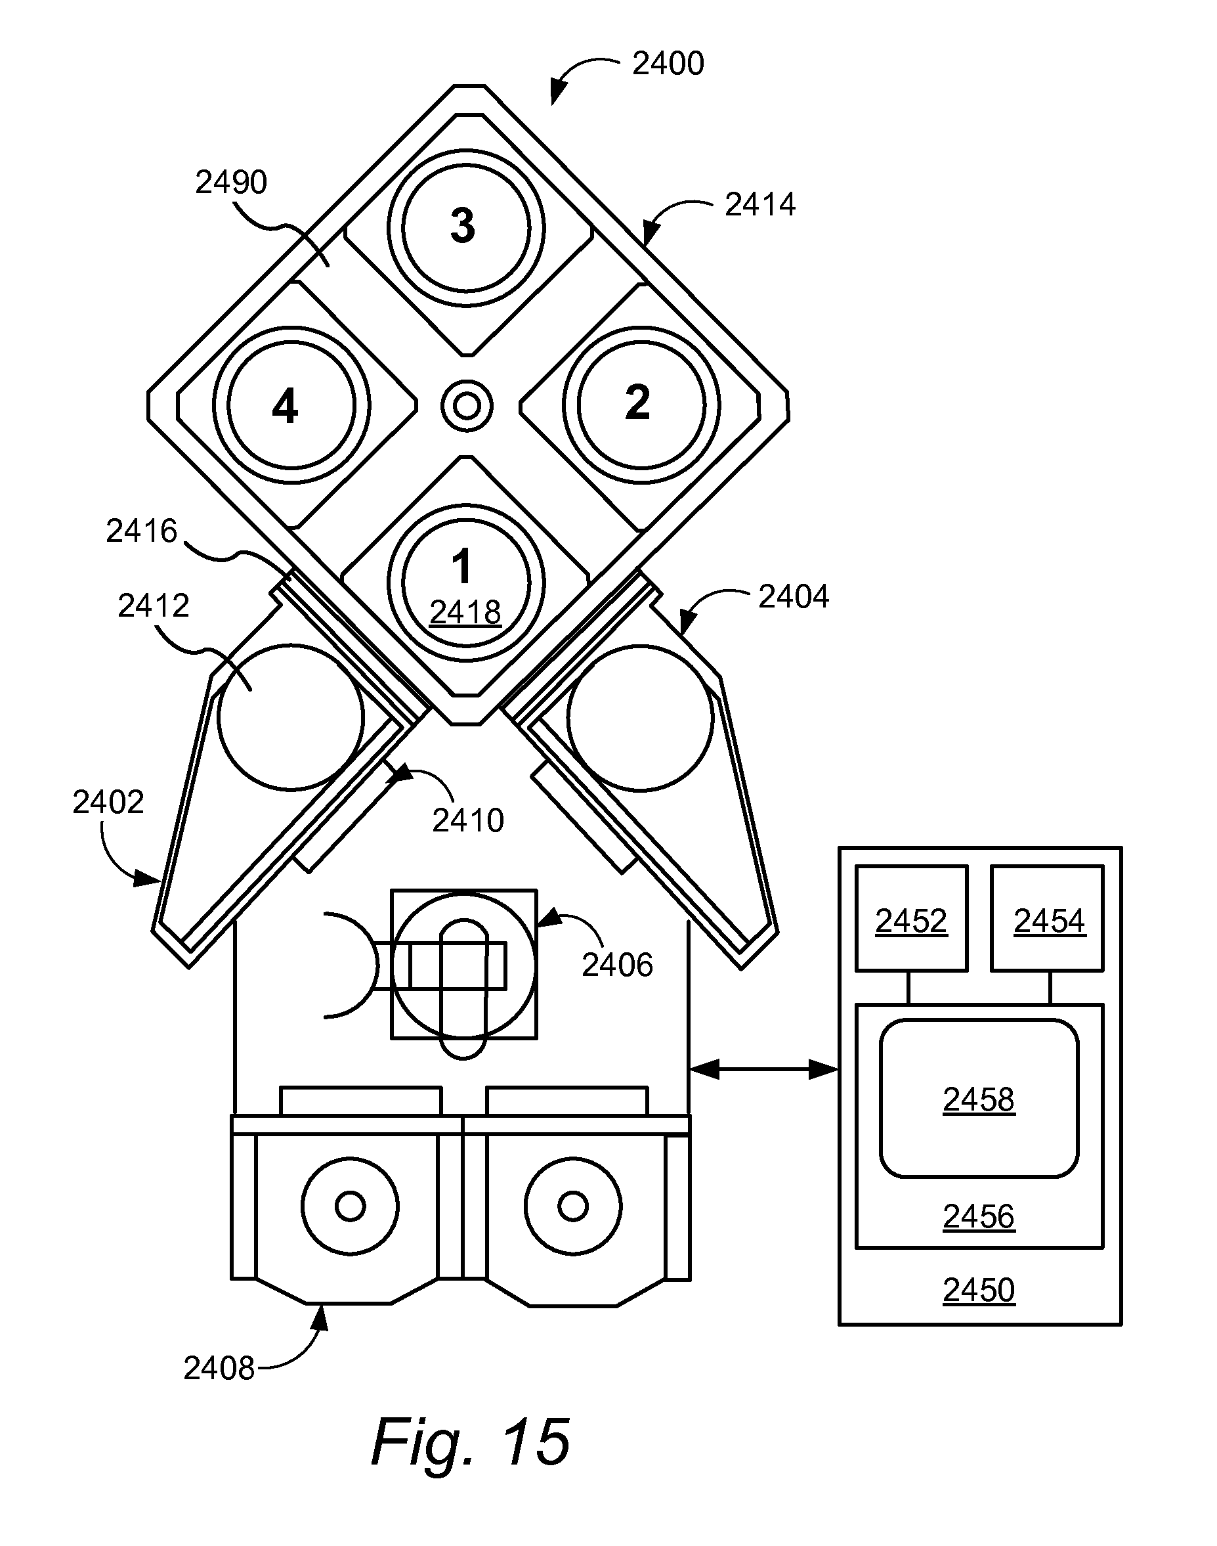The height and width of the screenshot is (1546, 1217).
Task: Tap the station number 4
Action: [x=285, y=408]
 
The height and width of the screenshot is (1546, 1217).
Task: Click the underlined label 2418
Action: [x=465, y=612]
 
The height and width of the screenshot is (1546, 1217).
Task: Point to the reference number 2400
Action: [x=668, y=64]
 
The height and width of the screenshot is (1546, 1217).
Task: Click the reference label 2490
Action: [x=231, y=183]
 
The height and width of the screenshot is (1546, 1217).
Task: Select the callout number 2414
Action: [x=759, y=204]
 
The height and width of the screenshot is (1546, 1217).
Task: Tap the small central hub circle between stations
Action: [x=467, y=407]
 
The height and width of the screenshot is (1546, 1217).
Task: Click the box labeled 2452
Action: [x=911, y=918]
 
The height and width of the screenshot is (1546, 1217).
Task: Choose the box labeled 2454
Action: [x=1048, y=918]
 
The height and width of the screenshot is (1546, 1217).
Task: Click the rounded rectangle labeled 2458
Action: [x=979, y=1098]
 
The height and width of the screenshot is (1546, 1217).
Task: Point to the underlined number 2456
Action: [x=978, y=1216]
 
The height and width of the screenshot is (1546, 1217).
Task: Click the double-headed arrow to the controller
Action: [x=764, y=1069]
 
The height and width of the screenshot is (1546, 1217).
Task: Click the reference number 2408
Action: [x=219, y=1369]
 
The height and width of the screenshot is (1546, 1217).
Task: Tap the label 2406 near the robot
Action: [x=617, y=965]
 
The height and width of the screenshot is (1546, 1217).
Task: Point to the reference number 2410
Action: [x=468, y=821]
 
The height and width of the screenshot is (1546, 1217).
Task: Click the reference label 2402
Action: [x=108, y=803]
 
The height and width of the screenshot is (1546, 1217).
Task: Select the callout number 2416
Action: [x=141, y=531]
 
